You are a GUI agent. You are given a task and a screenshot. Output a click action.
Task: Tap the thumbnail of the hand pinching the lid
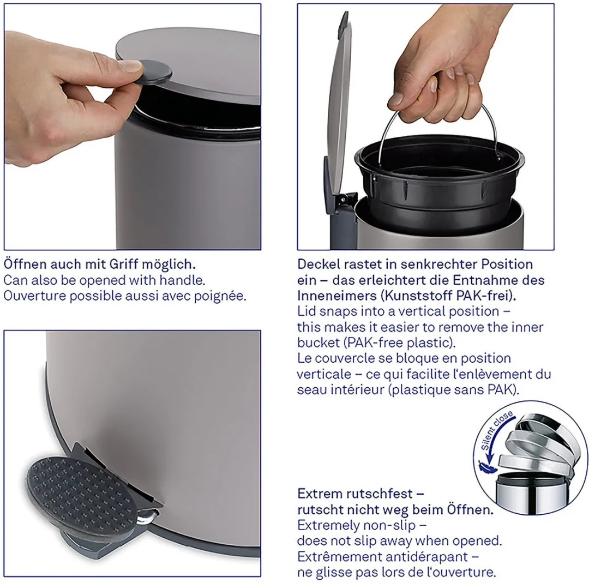(x=132, y=127)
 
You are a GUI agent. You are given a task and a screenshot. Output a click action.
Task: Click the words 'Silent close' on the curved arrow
(x=497, y=430)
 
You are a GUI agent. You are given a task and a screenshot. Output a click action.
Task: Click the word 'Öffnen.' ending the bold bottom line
(x=470, y=509)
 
